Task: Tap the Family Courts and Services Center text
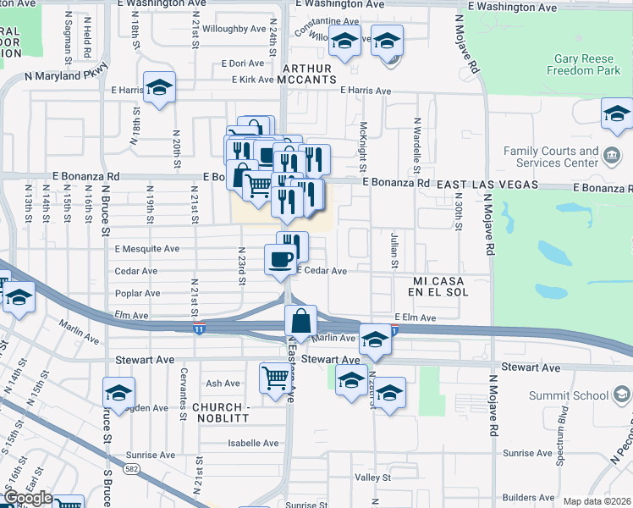tap(551, 157)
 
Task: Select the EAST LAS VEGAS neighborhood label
tap(487, 185)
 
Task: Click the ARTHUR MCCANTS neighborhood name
tap(315, 75)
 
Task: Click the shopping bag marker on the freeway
tap(300, 321)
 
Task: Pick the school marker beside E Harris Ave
tap(159, 87)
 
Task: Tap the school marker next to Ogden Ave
tap(118, 392)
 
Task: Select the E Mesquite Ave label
tap(147, 249)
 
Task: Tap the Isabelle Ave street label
tap(247, 443)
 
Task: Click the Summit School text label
tap(570, 394)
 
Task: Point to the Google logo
tap(27, 498)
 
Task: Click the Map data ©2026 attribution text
tap(596, 501)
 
